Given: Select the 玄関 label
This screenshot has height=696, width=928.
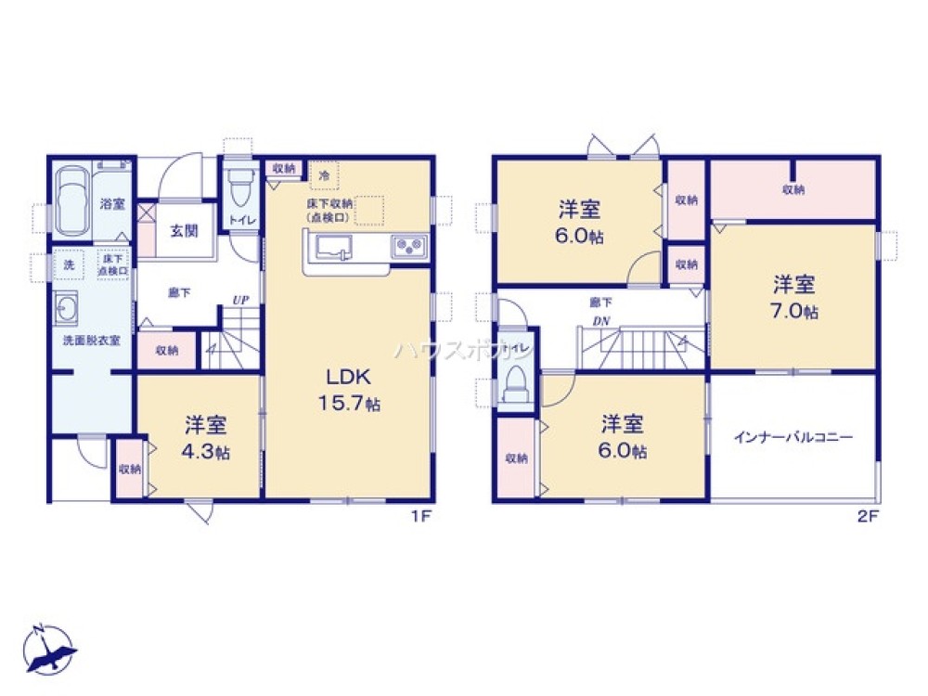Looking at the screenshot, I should click(x=183, y=230).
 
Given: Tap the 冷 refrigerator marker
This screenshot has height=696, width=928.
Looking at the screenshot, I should click(x=324, y=174).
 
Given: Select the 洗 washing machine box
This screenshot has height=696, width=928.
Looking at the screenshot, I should click(x=69, y=264).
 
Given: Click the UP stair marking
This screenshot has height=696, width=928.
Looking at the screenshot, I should click(x=240, y=299).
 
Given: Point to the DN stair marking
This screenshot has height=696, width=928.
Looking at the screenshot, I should click(x=600, y=321).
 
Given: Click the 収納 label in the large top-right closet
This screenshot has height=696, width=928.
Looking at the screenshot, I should click(x=793, y=190).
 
